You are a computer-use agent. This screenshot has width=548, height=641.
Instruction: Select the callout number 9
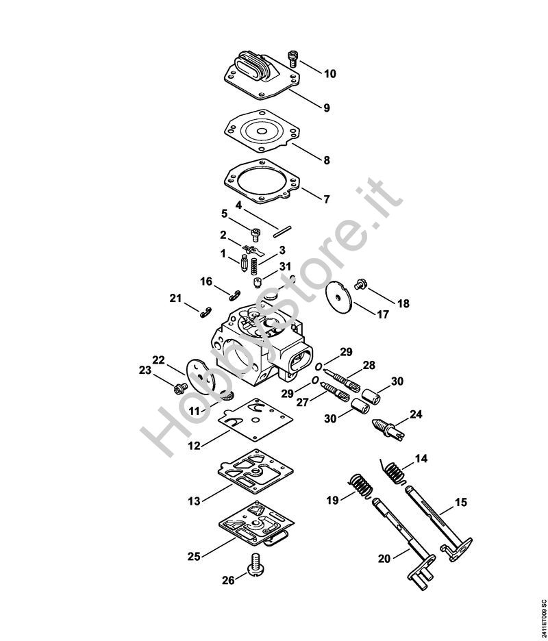[326, 108]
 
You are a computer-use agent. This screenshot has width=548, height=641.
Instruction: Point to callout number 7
[326, 199]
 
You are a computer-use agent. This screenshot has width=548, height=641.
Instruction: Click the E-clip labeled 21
[205, 312]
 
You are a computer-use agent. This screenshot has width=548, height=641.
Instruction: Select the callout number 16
[206, 281]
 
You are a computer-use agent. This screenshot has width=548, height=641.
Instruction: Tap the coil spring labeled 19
[360, 488]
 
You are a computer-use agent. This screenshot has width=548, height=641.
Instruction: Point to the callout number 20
[384, 559]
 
